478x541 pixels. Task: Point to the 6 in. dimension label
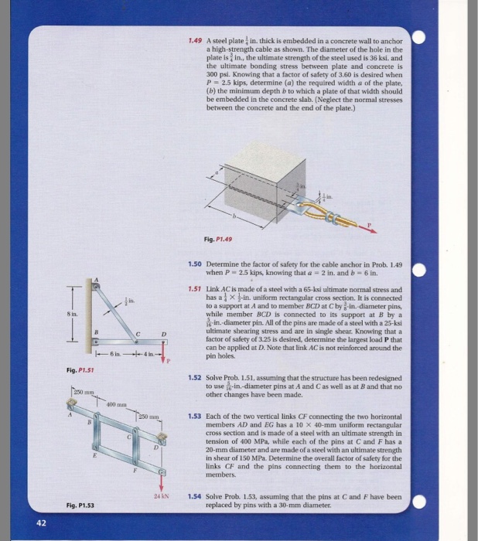(116, 357)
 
